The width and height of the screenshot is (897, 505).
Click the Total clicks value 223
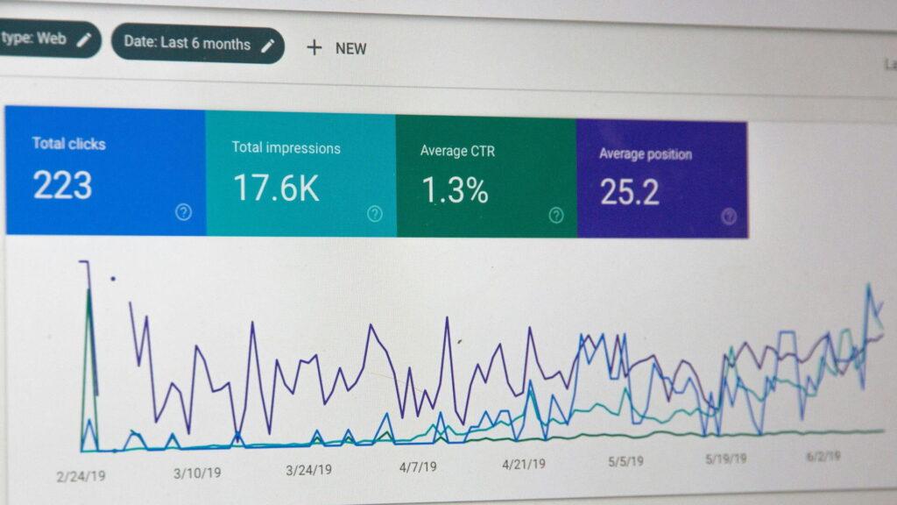(x=62, y=186)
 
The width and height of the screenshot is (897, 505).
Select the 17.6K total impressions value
(x=276, y=188)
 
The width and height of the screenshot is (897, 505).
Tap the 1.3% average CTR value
(x=455, y=190)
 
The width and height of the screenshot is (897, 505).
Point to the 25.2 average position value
(x=629, y=192)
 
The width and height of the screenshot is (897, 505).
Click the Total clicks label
(x=68, y=143)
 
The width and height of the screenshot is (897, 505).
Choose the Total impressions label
(x=286, y=147)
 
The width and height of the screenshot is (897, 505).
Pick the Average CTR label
(x=457, y=151)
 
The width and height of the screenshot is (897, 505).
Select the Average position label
(x=645, y=154)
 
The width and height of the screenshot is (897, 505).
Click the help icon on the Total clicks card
(x=183, y=211)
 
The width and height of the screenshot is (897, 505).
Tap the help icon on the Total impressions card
(x=375, y=213)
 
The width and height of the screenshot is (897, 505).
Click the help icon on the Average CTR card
(x=556, y=215)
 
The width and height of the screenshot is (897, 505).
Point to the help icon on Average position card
(x=729, y=217)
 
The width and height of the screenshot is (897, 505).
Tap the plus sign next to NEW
(x=314, y=47)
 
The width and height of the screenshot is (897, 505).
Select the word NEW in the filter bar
(x=351, y=49)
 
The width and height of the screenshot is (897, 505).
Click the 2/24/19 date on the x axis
(x=81, y=475)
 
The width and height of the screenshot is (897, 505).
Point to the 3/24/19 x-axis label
(x=308, y=470)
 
